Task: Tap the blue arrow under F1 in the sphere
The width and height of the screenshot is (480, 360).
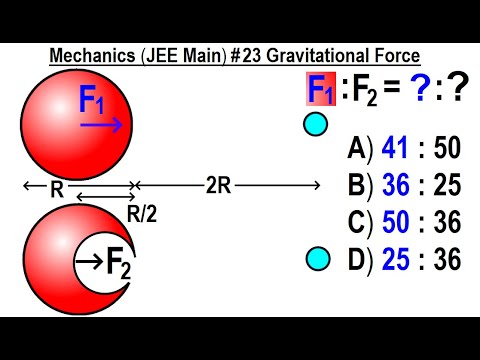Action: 103,126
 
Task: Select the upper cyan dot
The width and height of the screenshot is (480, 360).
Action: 315,125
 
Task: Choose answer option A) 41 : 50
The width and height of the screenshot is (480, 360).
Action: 404,149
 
